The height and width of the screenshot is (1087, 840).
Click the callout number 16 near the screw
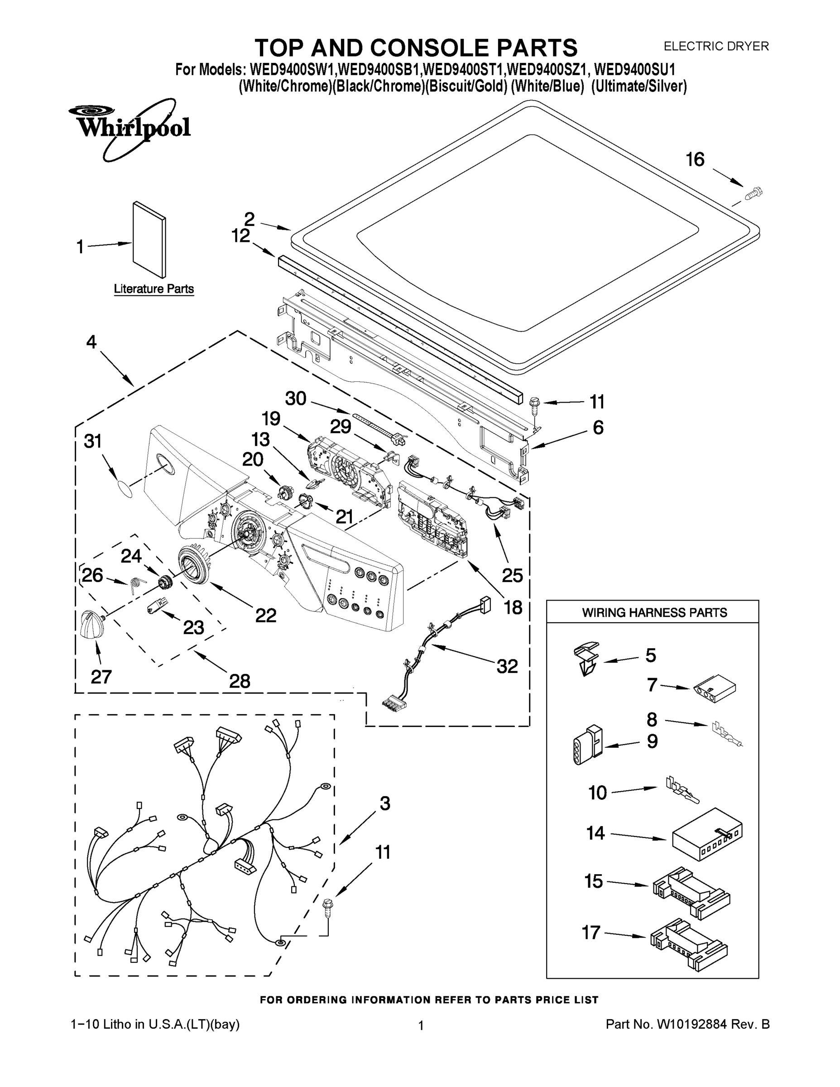[695, 160]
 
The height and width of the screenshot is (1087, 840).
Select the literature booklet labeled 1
[149, 240]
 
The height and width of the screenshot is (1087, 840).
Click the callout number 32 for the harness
[507, 666]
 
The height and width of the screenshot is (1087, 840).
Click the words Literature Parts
[154, 289]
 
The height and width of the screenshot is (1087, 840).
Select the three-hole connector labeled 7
[714, 690]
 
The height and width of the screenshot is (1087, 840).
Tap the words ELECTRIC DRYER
[716, 46]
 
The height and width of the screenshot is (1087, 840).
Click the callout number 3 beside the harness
[384, 803]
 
